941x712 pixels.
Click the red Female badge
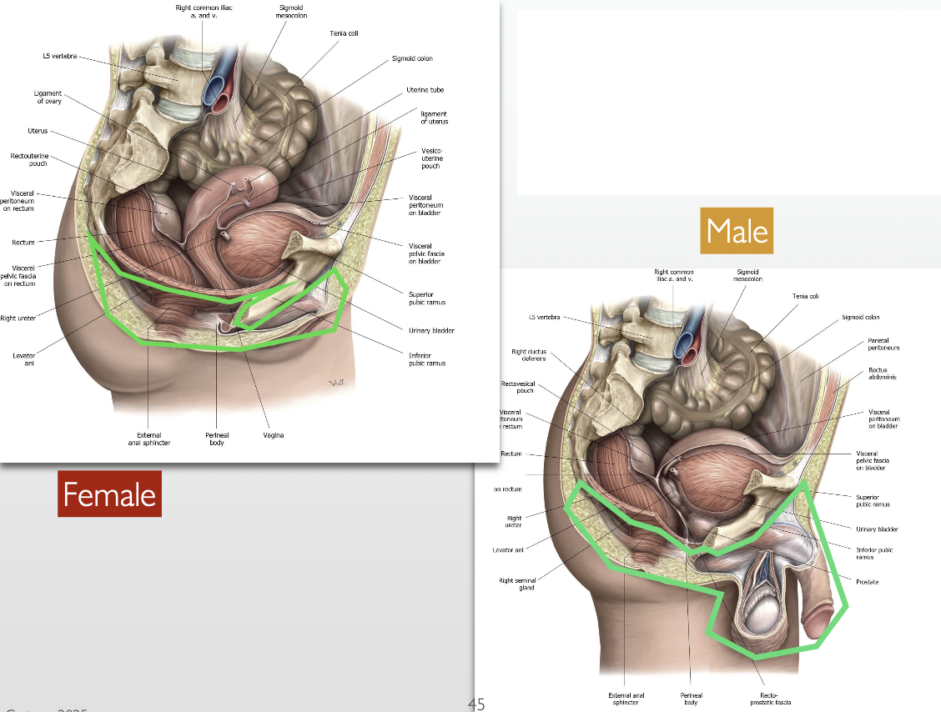tap(109, 494)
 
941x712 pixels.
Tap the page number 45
tap(476, 704)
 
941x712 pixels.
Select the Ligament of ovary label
tap(48, 98)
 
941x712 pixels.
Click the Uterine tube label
tap(425, 90)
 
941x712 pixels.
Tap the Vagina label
tap(273, 435)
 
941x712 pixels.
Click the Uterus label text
tap(38, 131)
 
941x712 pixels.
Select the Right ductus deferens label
tap(529, 355)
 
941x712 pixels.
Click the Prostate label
tap(867, 581)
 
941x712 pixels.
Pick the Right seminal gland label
tap(516, 584)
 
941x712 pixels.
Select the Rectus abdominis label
tap(878, 374)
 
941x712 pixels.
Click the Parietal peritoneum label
tap(878, 343)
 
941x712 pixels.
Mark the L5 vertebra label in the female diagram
tap(59, 56)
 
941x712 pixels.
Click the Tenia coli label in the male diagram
tap(805, 296)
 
